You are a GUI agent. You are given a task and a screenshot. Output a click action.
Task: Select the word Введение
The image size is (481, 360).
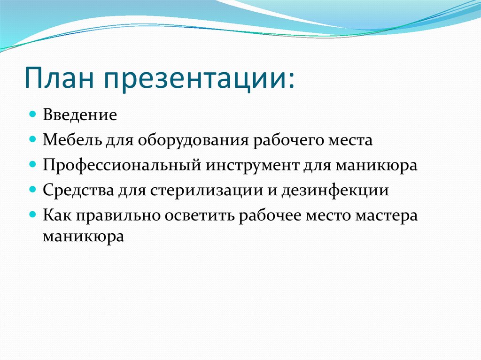point(80,115)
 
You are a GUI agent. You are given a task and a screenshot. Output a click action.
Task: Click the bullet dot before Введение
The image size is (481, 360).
point(32,114)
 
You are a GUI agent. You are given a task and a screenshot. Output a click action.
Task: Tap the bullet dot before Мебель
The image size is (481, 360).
point(32,139)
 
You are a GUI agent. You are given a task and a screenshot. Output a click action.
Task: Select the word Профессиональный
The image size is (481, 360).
point(123,166)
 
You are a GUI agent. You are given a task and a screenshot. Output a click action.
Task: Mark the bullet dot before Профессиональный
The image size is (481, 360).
point(32,165)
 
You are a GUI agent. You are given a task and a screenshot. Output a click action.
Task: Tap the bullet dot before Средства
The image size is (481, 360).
point(32,190)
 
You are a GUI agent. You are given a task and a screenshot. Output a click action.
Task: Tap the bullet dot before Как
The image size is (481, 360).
point(32,215)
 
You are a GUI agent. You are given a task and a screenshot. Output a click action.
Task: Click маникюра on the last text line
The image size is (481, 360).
point(84,236)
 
